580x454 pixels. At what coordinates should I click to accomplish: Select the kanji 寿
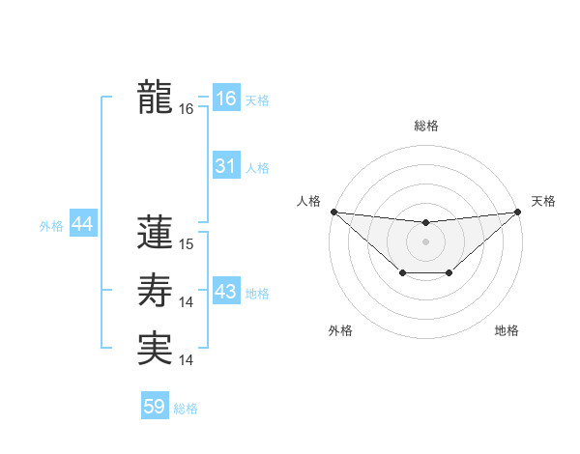pos(155,289)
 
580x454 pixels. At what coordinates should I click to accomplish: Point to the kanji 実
pos(155,347)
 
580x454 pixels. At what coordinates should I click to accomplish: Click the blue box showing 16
pos(226,99)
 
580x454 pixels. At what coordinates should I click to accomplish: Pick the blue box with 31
pos(226,166)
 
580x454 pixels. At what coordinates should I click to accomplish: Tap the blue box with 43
pos(226,292)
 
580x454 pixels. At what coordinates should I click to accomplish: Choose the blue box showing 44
pos(82,224)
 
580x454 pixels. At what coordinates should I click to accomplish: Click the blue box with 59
pos(155,407)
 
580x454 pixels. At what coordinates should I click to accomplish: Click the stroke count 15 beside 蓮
pos(187,245)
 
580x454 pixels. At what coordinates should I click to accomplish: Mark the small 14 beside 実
pos(187,360)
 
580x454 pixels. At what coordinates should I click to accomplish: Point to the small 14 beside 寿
pos(187,302)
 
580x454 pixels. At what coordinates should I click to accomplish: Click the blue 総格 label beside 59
pos(186,409)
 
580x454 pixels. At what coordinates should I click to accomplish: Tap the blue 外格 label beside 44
pos(51,226)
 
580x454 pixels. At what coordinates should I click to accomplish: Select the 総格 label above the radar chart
pos(425,126)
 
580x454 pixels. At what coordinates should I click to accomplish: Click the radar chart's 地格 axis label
pos(507,331)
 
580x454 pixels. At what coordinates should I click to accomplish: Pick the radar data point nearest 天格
pos(517,212)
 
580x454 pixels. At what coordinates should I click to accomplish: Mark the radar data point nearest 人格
pos(333,212)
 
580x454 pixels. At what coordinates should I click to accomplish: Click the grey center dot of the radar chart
pos(425,241)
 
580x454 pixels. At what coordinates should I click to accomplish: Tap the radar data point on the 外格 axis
pos(401,274)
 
